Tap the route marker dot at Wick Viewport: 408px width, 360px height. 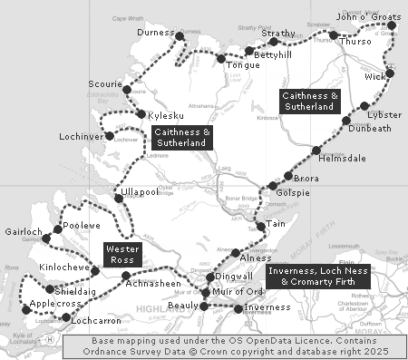(390, 73)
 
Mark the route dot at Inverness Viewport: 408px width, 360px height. (238, 308)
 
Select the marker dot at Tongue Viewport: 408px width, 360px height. (220, 59)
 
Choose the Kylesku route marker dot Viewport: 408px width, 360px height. (141, 114)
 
